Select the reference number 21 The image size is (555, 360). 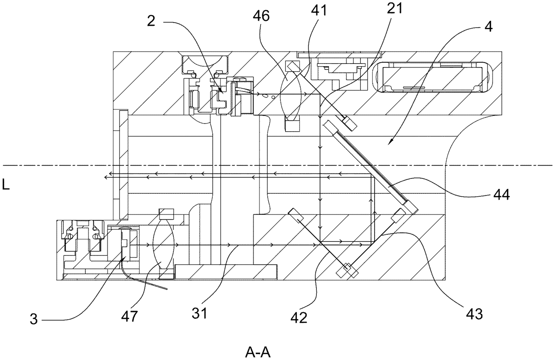click(x=395, y=9)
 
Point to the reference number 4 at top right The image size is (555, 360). click(x=488, y=27)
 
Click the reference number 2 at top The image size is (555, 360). click(x=151, y=21)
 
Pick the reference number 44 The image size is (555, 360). click(x=501, y=194)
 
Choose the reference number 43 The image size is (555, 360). click(x=475, y=314)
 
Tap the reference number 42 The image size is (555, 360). click(x=299, y=317)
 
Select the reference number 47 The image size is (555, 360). click(x=129, y=316)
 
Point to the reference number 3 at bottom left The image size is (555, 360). click(x=34, y=319)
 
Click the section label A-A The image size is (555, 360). click(x=258, y=352)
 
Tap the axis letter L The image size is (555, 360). click(x=6, y=184)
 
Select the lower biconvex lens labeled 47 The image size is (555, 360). click(x=164, y=244)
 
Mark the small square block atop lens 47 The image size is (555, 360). click(x=166, y=214)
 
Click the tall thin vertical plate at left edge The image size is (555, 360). click(x=124, y=165)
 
